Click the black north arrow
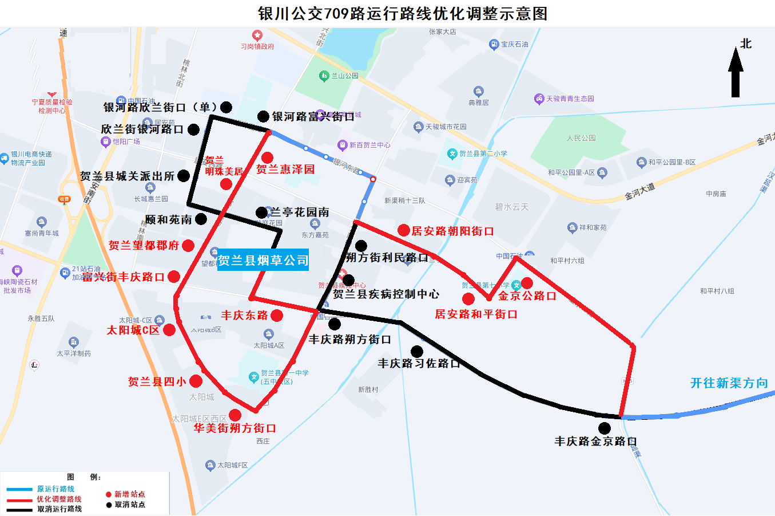(x=736, y=73)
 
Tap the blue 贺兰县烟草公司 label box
(x=263, y=261)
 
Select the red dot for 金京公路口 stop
(x=527, y=283)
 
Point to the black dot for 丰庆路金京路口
(x=605, y=428)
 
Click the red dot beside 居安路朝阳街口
(x=404, y=230)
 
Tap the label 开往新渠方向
(x=729, y=383)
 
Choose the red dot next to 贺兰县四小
(x=196, y=381)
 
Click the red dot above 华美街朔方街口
(x=235, y=415)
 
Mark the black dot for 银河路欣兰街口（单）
(x=226, y=107)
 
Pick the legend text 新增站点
(x=130, y=494)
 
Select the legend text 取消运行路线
(x=59, y=509)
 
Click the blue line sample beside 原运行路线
(x=19, y=490)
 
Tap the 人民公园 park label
(x=581, y=138)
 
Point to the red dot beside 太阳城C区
(x=169, y=330)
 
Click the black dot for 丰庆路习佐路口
(x=417, y=351)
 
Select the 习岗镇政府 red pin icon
(x=257, y=36)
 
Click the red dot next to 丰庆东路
(x=277, y=315)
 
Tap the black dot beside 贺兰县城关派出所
(x=184, y=176)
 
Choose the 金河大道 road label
(x=639, y=191)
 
